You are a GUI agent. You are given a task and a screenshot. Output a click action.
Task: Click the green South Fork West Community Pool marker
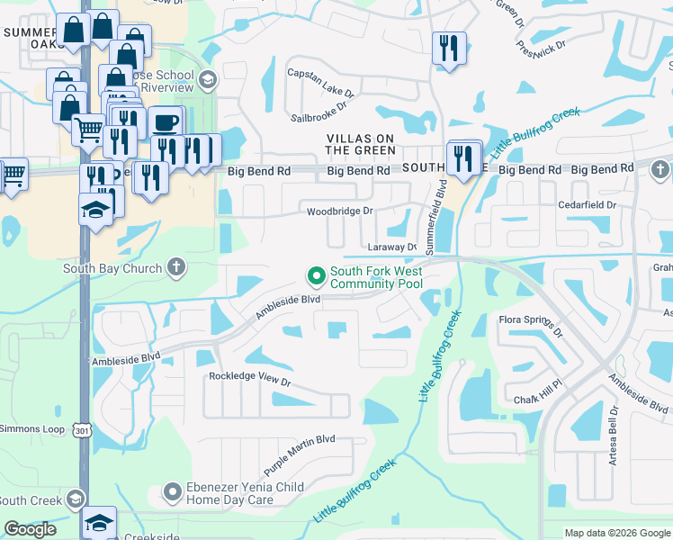[x=316, y=275]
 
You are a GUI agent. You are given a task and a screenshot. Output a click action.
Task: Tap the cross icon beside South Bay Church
[x=176, y=268]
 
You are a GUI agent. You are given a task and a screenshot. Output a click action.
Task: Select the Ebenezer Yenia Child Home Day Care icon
[x=173, y=491]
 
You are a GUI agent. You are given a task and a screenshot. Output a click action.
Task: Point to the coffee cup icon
[x=165, y=121]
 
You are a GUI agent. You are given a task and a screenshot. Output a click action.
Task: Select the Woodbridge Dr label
[x=339, y=211]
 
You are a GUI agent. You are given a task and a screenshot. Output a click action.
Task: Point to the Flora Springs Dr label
[x=531, y=325]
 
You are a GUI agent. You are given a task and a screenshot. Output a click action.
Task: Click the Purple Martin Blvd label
[x=299, y=455]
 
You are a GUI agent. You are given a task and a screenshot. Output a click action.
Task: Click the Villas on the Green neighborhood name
[x=360, y=144]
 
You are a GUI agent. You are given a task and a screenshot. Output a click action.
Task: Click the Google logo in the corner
[x=30, y=529]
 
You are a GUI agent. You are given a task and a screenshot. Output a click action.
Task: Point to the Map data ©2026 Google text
[x=616, y=533]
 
